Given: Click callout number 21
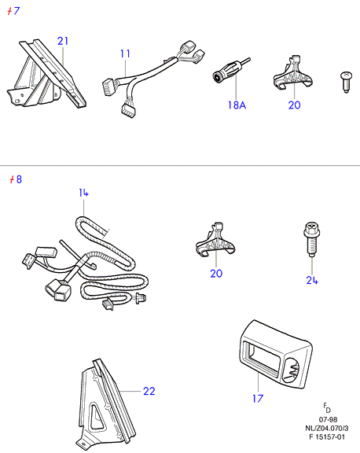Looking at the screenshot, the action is pos(63,41).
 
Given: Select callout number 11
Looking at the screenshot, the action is pos(125,53).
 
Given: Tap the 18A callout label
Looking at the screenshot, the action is pos(237,105).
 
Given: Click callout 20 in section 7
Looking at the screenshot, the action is pos(294,105).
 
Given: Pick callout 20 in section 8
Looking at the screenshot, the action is pos(216,274).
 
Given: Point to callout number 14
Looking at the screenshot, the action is pos(83,193).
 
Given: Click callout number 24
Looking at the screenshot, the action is pos(312,280).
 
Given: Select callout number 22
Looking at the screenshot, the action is pos(149,391).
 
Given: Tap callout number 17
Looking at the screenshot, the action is pos(258,399).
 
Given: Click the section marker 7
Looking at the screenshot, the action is pos(13,11).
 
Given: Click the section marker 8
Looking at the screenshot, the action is pos(15,179).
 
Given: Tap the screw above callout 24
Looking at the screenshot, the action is pos(312,239).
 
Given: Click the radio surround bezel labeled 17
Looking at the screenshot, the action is pos(275,355).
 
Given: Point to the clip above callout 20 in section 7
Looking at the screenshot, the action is pos(292,74).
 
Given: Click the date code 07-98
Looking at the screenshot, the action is pos(328,419).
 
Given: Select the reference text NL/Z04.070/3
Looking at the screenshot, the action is pos(327,428).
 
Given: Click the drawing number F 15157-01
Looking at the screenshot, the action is pos(327,436).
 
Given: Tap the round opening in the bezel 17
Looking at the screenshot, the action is pos(291,370).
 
